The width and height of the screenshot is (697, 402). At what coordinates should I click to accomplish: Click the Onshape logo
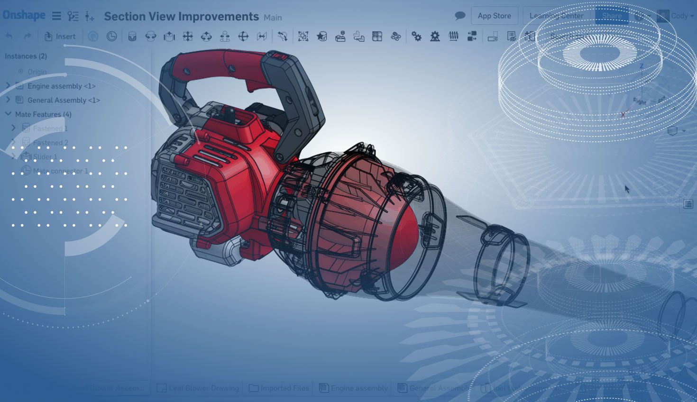point(24,16)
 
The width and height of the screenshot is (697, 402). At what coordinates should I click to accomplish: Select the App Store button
point(494,16)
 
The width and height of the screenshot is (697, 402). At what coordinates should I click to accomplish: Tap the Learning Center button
point(556,16)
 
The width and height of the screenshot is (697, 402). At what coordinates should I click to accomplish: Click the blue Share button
point(612,16)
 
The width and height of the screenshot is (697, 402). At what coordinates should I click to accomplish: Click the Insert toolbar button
point(60,37)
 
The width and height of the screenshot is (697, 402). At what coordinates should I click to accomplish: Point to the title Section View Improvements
point(181,17)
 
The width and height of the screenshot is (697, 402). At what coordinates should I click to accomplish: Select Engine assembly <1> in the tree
point(61,86)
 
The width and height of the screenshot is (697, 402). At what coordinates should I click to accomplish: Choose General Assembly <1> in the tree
point(64,100)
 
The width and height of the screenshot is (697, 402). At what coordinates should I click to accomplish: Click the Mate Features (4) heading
point(43,114)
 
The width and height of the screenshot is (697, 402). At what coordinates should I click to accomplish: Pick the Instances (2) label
point(26,56)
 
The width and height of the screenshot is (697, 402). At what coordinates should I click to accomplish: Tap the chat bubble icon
point(459,16)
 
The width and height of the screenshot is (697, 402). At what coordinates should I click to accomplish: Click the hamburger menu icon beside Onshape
point(56,16)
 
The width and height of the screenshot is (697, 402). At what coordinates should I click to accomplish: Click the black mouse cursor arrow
point(627,189)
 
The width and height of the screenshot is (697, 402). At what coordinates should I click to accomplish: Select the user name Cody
point(679,16)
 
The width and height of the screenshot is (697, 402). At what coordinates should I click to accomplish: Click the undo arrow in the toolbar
point(9,37)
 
